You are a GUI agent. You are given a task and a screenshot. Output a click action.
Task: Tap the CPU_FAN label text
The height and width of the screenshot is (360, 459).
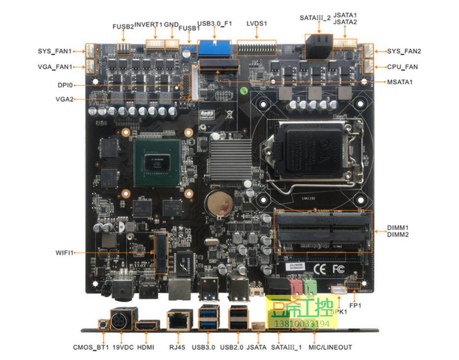tap(402, 67)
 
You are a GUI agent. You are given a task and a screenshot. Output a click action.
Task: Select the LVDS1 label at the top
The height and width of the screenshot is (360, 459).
tap(256, 23)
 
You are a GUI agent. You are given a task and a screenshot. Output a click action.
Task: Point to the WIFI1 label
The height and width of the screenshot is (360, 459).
tap(64, 252)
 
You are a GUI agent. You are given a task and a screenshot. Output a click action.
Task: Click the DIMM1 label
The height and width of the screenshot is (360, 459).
tap(398, 228)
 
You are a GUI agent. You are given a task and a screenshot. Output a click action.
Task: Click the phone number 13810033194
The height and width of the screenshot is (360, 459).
tap(302, 324)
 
